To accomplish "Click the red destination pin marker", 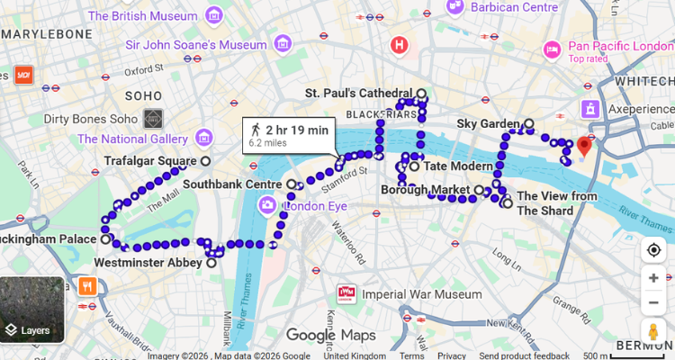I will pyautogui.click(x=584, y=145).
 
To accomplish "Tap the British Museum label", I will pyautogui.click(x=144, y=15).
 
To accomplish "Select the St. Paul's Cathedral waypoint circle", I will pyautogui.click(x=421, y=94).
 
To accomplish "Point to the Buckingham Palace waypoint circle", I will pyautogui.click(x=105, y=240).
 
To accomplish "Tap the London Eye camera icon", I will pyautogui.click(x=267, y=206).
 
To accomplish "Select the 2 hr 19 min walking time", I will pyautogui.click(x=297, y=130).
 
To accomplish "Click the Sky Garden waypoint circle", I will pyautogui.click(x=529, y=123).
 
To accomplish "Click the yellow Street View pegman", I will pyautogui.click(x=653, y=329).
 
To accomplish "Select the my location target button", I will pyautogui.click(x=653, y=250).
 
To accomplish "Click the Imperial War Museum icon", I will pyautogui.click(x=346, y=293).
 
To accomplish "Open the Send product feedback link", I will pyautogui.click(x=524, y=355).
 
